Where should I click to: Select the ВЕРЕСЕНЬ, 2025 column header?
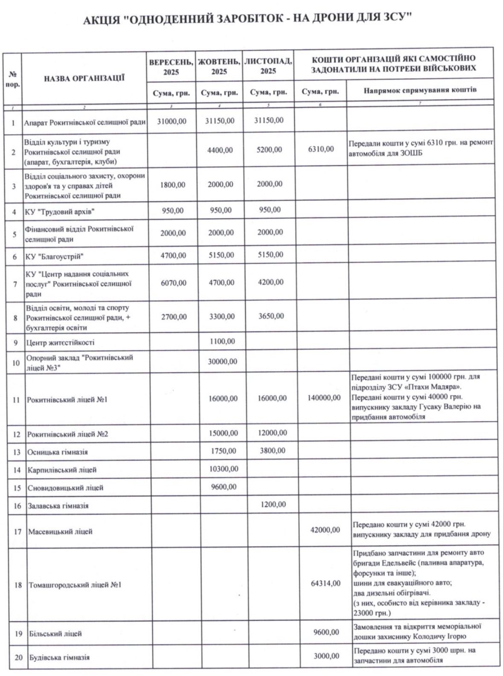(x=171, y=66)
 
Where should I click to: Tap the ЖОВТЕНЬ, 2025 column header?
(x=219, y=66)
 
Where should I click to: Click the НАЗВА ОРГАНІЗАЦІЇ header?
(x=84, y=78)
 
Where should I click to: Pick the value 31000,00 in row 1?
(x=172, y=121)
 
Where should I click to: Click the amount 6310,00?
(x=320, y=149)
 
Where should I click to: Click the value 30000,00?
(x=222, y=361)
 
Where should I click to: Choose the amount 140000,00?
(x=324, y=398)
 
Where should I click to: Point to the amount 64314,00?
(x=326, y=583)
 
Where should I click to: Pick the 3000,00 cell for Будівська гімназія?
(x=326, y=656)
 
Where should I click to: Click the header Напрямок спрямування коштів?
(x=420, y=90)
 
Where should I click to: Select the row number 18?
(x=18, y=585)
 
